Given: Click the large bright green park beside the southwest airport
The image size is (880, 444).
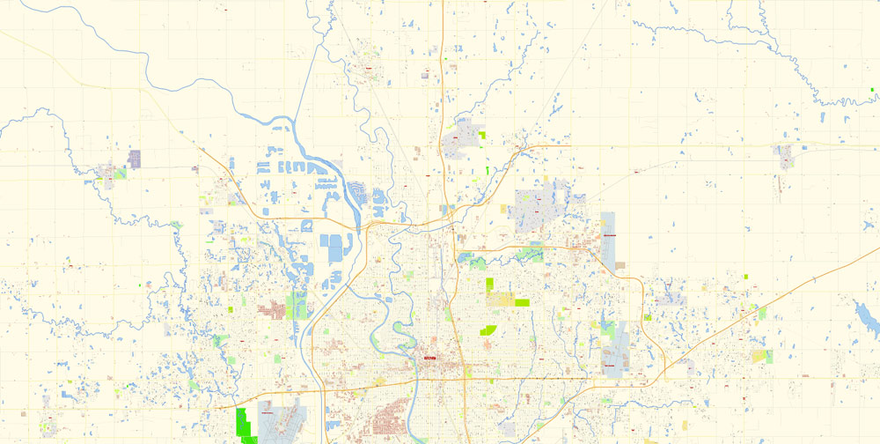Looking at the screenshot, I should [244, 424].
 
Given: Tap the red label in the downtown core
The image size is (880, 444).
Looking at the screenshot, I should [429, 358].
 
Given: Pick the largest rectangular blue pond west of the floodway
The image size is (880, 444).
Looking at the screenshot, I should [335, 248].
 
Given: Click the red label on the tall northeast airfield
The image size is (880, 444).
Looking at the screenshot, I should [609, 235].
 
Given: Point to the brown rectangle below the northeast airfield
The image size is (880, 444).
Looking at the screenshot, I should [620, 265].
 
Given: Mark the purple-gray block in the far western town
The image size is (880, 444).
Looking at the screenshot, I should [135, 159].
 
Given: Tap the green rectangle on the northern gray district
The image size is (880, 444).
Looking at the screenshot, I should [481, 136].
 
